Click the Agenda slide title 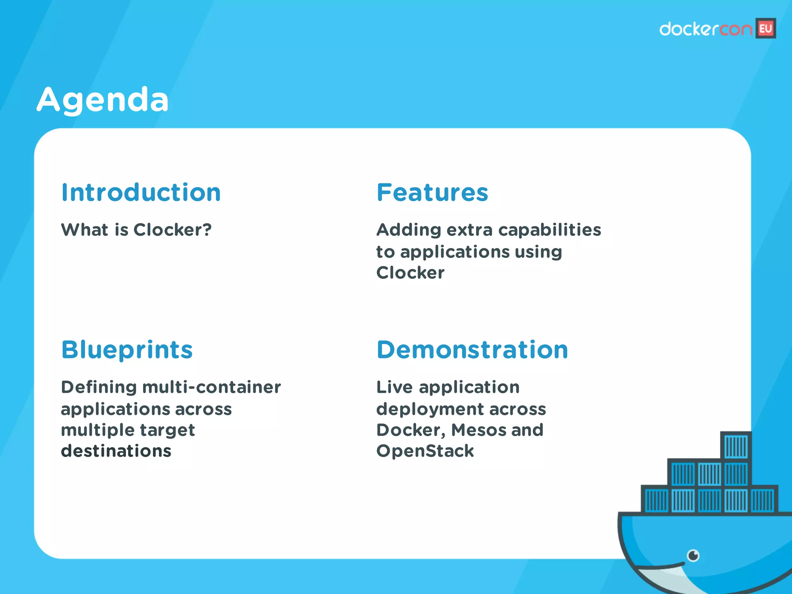[x=102, y=100]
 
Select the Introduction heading [x=141, y=193]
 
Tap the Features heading [x=432, y=193]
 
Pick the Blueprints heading [x=127, y=350]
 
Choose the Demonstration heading [x=472, y=350]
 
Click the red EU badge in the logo [x=766, y=29]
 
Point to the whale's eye [x=693, y=556]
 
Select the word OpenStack [x=425, y=451]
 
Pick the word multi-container [x=212, y=387]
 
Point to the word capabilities [x=550, y=230]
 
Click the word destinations [x=116, y=451]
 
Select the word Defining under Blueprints [x=99, y=387]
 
